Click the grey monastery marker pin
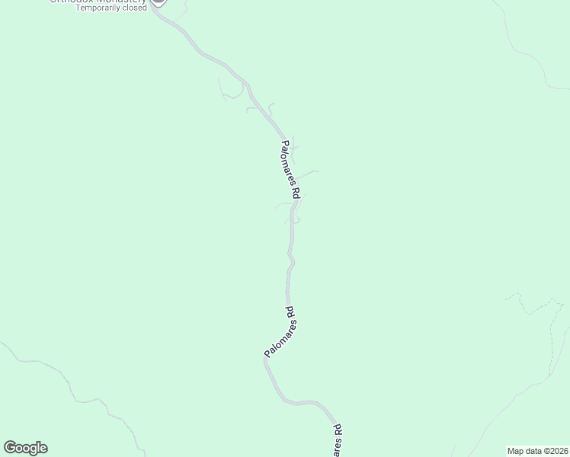tap(159, 2)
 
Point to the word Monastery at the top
tap(118, 1)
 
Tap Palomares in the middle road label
tap(279, 339)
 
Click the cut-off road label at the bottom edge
tap(338, 441)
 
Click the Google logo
tap(25, 448)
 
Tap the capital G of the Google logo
tap(9, 448)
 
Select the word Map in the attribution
tap(516, 450)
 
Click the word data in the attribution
tap(533, 450)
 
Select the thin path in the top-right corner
tap(526, 53)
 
